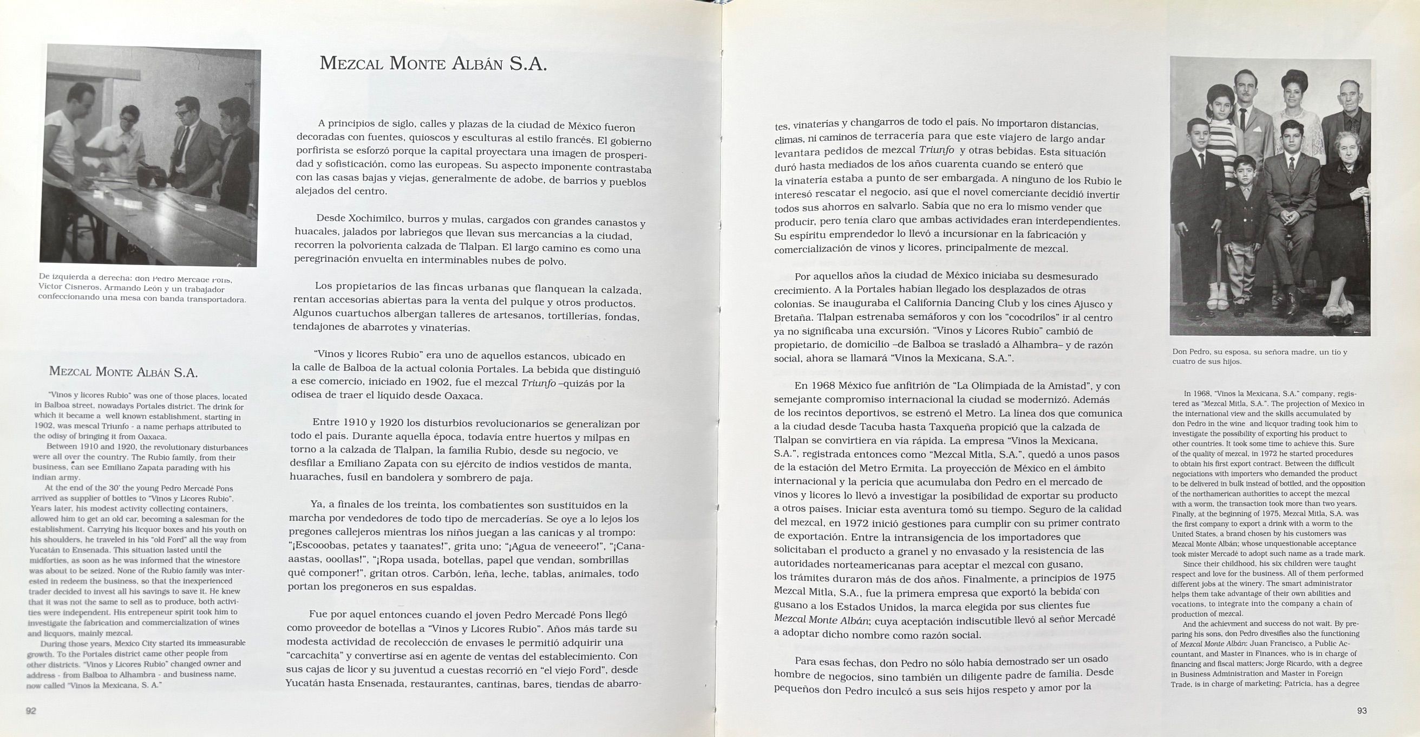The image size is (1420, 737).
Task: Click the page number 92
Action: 31,710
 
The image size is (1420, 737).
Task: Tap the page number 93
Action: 1362,710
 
